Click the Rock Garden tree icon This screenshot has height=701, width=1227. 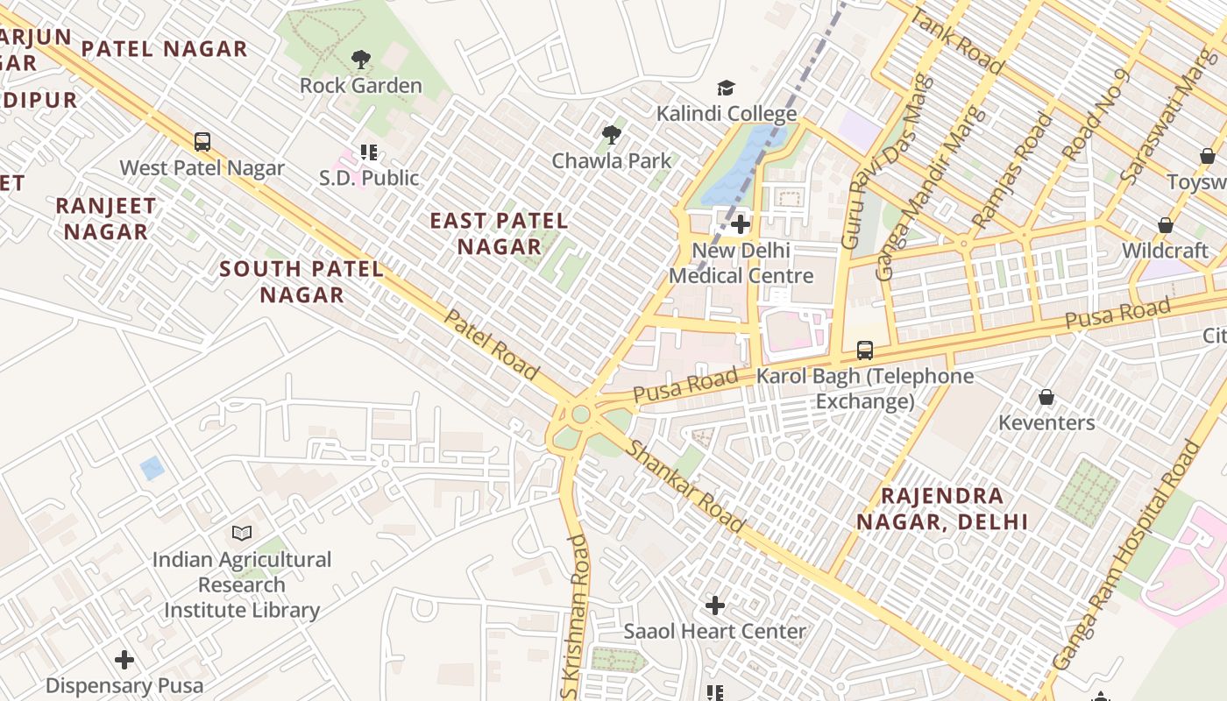[360, 60]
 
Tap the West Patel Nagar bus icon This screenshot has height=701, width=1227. [202, 141]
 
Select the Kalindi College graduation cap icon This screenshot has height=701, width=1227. [726, 88]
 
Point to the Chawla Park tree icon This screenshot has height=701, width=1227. [612, 134]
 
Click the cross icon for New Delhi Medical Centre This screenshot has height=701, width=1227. [741, 224]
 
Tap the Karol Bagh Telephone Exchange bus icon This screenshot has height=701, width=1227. [865, 350]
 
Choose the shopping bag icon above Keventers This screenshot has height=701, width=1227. [1046, 397]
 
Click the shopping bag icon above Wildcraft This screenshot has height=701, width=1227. [1165, 225]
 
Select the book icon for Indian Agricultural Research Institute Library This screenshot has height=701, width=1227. [242, 533]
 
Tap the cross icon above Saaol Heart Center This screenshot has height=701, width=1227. [715, 605]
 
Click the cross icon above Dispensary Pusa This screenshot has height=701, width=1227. [124, 659]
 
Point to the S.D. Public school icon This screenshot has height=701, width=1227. [369, 152]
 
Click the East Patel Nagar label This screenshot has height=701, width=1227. [499, 233]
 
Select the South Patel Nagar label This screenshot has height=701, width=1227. [301, 281]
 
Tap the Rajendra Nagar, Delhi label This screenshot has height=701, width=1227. [942, 508]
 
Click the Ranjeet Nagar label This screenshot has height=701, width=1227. [106, 219]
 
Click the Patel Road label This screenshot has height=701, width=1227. [491, 344]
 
